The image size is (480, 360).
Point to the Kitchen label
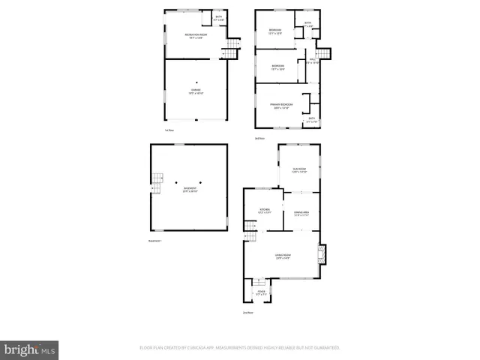264,211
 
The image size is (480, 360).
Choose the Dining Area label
302,214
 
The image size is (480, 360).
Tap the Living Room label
282,258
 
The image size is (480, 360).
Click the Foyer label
261,292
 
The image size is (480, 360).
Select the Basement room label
189,190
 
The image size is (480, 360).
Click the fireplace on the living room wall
321,255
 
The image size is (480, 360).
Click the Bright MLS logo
29,349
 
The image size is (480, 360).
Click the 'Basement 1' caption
155,240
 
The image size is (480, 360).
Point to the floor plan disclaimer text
239,348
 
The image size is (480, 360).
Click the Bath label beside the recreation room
218,17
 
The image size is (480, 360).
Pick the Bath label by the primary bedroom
311,120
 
